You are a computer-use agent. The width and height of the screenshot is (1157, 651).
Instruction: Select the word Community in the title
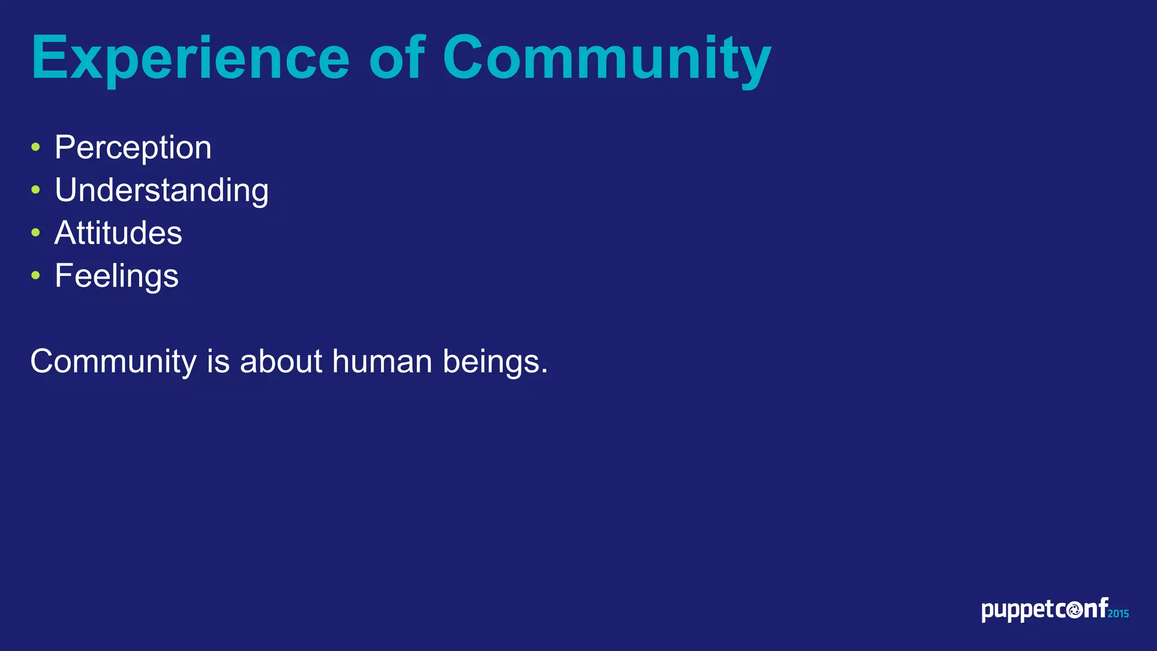pos(606,58)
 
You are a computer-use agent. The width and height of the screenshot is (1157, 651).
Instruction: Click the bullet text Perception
pos(133,147)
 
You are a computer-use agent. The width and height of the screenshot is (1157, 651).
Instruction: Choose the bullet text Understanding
pos(162,190)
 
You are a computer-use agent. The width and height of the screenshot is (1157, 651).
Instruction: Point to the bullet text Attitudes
pos(118,233)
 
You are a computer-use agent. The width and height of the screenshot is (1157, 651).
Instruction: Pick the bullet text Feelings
pos(116,276)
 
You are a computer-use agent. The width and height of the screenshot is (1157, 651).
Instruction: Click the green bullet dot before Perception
pos(36,147)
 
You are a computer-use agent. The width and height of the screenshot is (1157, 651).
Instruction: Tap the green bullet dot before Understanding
pos(36,190)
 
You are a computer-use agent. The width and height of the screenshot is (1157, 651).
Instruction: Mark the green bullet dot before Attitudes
pos(36,232)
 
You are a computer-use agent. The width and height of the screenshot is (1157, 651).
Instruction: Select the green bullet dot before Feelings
pos(36,275)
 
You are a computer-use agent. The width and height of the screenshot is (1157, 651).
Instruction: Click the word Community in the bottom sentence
pos(113,362)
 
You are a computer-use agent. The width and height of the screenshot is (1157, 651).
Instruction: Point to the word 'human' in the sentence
pos(382,361)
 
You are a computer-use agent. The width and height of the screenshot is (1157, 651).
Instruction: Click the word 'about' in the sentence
pos(281,361)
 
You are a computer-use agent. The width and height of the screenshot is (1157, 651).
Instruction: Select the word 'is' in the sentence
pos(218,361)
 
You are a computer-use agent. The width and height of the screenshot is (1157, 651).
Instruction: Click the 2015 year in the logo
pos(1118,614)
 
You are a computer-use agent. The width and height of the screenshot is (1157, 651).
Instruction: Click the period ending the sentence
pos(545,372)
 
